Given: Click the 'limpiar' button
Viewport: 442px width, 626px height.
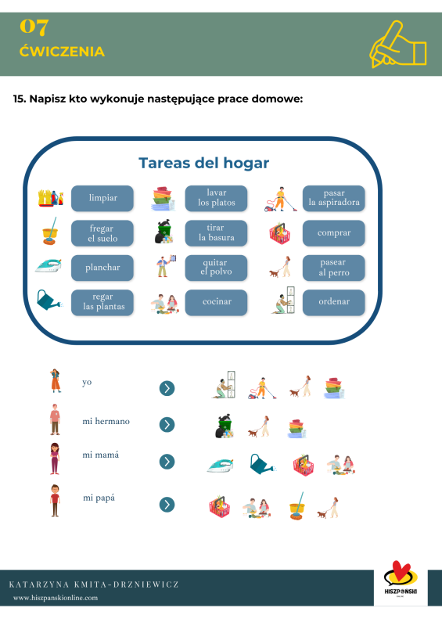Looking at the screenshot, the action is (102, 198).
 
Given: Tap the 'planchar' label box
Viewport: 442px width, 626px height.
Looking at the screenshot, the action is (102, 268).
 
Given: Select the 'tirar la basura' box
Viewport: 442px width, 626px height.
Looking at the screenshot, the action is (216, 232).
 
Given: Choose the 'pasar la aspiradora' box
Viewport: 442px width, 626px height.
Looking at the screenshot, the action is (334, 198).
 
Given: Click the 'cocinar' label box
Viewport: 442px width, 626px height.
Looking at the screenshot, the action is (216, 302).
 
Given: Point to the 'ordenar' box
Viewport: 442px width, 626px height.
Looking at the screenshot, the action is (334, 302).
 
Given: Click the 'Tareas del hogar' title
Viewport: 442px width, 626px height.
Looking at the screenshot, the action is (203, 163).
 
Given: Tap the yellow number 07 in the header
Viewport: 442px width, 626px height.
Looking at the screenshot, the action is (34, 27).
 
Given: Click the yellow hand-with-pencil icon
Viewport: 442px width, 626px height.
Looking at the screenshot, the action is (398, 45).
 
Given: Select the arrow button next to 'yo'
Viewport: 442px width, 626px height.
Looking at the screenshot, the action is (167, 388).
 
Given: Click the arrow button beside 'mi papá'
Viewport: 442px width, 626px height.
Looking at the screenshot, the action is (167, 505).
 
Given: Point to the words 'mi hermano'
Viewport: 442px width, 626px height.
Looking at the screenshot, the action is (106, 421).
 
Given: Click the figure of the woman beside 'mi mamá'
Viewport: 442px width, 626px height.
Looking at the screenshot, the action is (55, 459).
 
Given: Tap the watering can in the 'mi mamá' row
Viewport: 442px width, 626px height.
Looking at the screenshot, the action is (262, 464).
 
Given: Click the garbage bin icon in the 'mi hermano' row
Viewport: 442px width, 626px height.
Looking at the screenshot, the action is (225, 426).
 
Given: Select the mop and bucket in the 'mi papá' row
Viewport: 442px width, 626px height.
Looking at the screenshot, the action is (297, 505).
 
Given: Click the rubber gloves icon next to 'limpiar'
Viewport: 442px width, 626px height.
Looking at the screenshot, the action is (51, 198).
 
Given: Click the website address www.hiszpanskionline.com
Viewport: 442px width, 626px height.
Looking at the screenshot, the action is (56, 598).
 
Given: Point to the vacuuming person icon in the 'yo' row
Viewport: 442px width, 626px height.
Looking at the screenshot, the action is (262, 388).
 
